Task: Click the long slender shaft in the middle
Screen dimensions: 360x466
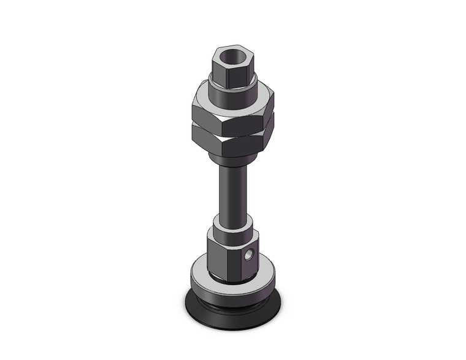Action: [232, 190]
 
